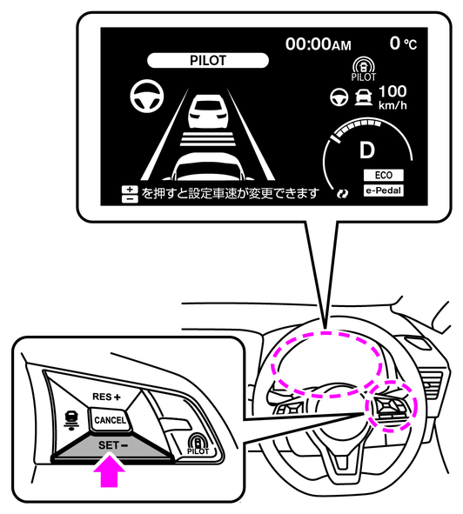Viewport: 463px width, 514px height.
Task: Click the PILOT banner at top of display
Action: pyautogui.click(x=208, y=60)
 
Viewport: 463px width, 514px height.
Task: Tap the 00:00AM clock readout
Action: pyautogui.click(x=318, y=44)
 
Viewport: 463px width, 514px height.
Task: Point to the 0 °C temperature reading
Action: pyautogui.click(x=403, y=43)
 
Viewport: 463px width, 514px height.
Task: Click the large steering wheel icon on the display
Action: pyautogui.click(x=147, y=96)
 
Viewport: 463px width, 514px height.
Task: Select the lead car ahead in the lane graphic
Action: pyautogui.click(x=208, y=111)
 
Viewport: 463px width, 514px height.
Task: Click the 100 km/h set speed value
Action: pyautogui.click(x=393, y=97)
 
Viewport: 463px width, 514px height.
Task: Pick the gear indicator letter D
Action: pyautogui.click(x=367, y=150)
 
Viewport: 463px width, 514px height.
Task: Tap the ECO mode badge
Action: pyautogui.click(x=383, y=175)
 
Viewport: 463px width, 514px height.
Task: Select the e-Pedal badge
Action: pyautogui.click(x=383, y=190)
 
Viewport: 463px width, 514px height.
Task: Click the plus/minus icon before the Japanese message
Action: pyautogui.click(x=130, y=194)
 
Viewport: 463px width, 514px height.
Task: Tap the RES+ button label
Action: pyautogui.click(x=106, y=397)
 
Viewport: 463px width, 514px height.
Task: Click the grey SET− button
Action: pyautogui.click(x=112, y=447)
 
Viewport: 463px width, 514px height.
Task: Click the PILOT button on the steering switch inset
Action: pyautogui.click(x=198, y=444)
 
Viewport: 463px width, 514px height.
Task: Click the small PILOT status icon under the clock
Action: pyautogui.click(x=364, y=70)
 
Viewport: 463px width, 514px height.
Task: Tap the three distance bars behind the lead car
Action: pyautogui.click(x=208, y=139)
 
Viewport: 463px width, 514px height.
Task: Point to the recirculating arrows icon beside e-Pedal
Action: pyautogui.click(x=343, y=194)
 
